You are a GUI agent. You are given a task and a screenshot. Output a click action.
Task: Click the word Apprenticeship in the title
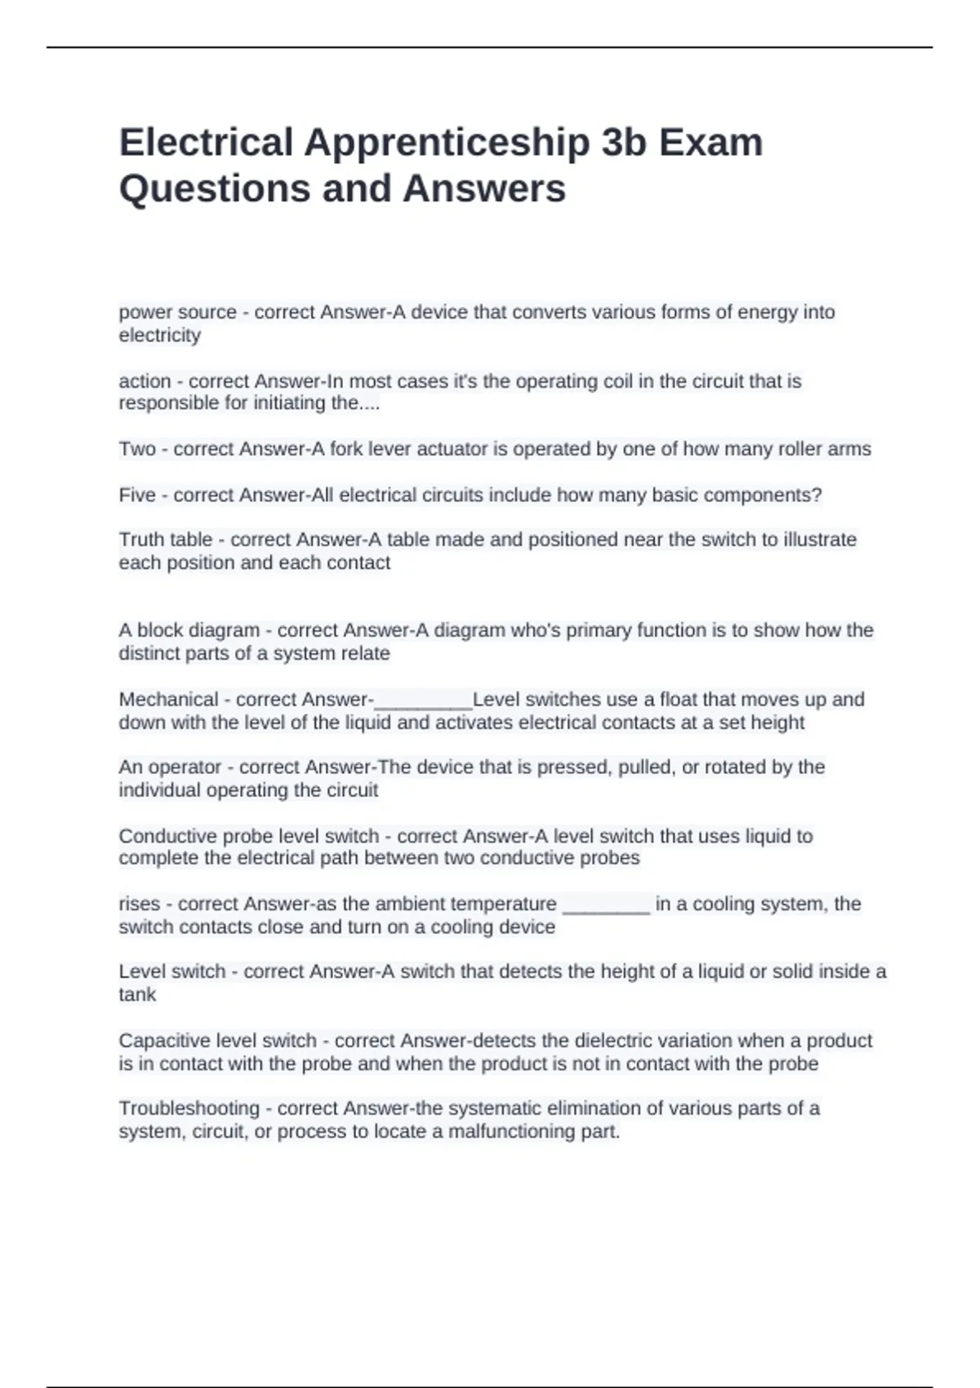(x=447, y=143)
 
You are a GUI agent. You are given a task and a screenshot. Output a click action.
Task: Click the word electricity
(x=159, y=336)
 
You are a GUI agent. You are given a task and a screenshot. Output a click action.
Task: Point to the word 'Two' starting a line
(x=136, y=449)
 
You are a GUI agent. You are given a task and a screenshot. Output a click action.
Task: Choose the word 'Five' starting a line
(x=136, y=496)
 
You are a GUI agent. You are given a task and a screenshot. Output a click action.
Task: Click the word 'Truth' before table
(x=143, y=540)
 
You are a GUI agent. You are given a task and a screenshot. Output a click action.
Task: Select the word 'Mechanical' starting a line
(x=168, y=700)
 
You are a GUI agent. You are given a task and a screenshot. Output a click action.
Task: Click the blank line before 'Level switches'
(x=423, y=702)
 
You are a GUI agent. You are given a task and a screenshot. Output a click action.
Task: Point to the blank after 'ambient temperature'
(x=606, y=906)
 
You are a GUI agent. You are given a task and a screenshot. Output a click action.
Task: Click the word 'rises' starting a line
(x=139, y=905)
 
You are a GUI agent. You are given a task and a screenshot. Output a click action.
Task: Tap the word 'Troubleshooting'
(x=189, y=1109)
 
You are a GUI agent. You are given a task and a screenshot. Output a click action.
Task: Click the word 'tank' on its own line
(x=136, y=994)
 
